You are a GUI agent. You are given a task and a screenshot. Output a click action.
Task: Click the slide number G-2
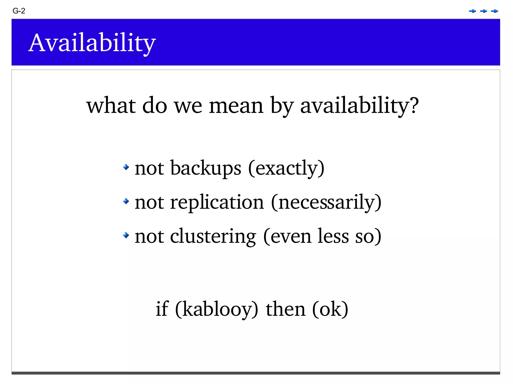[19, 11]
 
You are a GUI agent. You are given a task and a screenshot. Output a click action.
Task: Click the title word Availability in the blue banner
[92, 43]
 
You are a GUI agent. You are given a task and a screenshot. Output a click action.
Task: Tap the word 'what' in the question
[111, 105]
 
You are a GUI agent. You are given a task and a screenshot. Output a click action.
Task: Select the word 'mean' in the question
[236, 105]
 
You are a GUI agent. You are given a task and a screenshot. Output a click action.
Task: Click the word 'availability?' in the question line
[359, 105]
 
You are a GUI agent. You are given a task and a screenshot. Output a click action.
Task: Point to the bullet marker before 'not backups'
[126, 167]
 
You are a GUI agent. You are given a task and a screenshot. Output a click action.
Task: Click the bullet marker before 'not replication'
[126, 201]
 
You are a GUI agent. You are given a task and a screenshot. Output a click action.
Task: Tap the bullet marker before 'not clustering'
[126, 235]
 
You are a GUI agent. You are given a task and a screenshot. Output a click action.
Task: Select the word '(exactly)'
[286, 168]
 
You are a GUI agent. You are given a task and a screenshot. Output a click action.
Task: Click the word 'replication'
[217, 202]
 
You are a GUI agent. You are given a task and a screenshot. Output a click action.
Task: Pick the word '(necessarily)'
[326, 202]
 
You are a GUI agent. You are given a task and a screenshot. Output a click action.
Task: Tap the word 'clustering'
[213, 236]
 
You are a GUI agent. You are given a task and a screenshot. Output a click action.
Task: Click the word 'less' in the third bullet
[333, 236]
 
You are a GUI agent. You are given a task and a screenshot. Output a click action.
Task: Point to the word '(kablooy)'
[216, 309]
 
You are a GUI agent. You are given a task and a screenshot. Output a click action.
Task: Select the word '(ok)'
[330, 309]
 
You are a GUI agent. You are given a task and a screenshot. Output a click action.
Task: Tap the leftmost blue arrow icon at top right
[472, 11]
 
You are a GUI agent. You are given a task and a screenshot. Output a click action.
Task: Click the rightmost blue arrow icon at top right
[494, 11]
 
